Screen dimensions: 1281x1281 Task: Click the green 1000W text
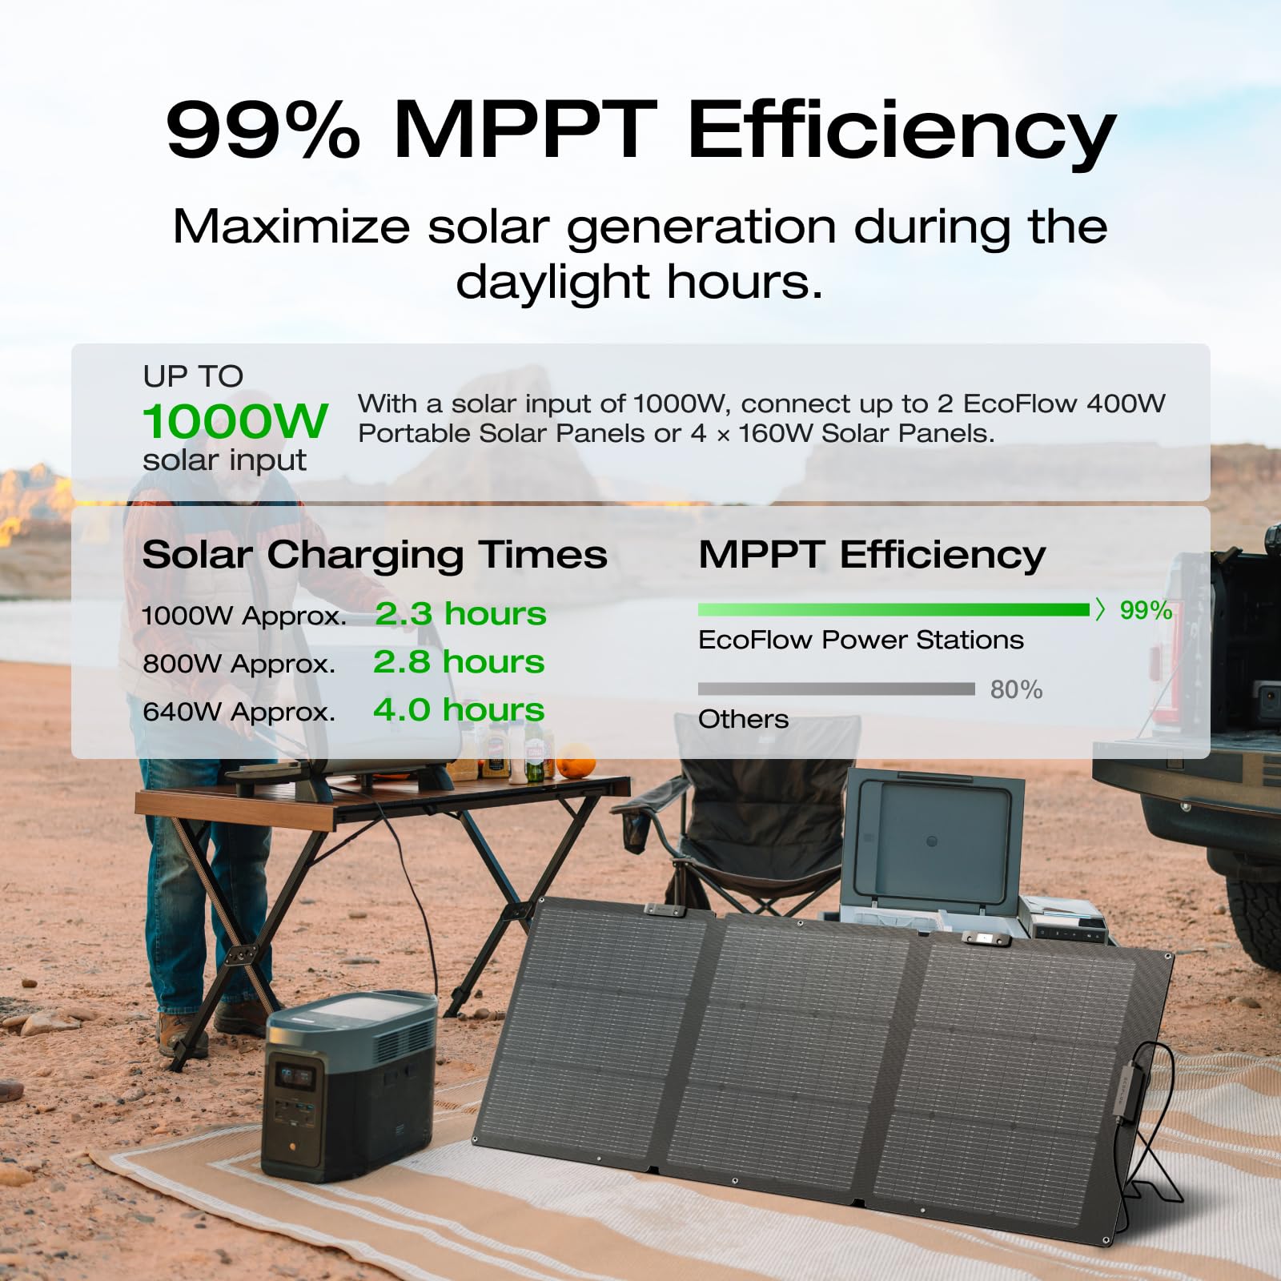click(x=235, y=421)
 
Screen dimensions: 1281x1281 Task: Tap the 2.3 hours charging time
click(x=460, y=614)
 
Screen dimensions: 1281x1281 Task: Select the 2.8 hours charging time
click(x=459, y=662)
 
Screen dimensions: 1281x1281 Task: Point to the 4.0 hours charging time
click(x=459, y=710)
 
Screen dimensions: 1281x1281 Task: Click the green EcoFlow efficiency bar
click(x=893, y=610)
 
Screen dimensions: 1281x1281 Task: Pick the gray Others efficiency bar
click(x=836, y=689)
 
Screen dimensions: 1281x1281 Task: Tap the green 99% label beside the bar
click(x=1145, y=610)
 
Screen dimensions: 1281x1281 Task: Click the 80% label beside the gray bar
click(x=1016, y=689)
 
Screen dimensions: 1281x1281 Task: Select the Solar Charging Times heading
click(x=375, y=554)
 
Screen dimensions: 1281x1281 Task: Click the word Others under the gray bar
click(x=743, y=719)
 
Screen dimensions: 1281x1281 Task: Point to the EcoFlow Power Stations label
click(x=861, y=640)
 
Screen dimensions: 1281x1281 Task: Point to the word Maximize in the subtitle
click(x=291, y=227)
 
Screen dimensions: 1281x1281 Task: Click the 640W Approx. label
click(x=239, y=712)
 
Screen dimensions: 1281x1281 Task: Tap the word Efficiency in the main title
click(x=901, y=131)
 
